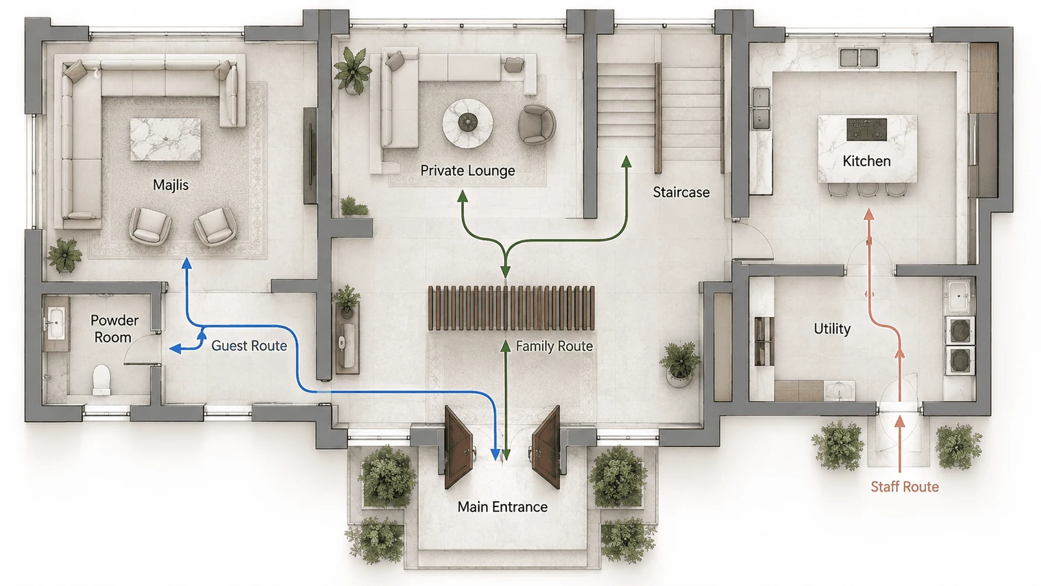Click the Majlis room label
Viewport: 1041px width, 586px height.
click(x=170, y=185)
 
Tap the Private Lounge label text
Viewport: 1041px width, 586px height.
click(x=468, y=171)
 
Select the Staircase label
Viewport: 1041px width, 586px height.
click(x=681, y=192)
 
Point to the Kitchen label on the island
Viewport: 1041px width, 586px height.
click(x=867, y=161)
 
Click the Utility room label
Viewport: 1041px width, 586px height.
click(x=832, y=329)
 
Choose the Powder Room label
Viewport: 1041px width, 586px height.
click(x=114, y=329)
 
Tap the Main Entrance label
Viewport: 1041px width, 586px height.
click(x=502, y=507)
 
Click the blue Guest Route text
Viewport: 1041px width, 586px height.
click(x=249, y=346)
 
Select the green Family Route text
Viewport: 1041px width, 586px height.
click(x=554, y=346)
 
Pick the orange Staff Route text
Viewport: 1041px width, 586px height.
click(x=904, y=487)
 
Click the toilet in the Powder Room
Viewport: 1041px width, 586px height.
click(x=101, y=379)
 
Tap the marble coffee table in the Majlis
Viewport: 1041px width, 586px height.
click(x=165, y=139)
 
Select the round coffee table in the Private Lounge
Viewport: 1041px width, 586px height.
click(x=468, y=123)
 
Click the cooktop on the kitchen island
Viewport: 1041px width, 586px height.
click(x=867, y=129)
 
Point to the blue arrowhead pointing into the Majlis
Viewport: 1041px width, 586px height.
click(x=187, y=264)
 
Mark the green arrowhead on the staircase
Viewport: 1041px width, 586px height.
click(x=627, y=161)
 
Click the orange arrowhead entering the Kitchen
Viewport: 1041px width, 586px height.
click(x=869, y=214)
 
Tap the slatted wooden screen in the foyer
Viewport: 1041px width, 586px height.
click(x=511, y=308)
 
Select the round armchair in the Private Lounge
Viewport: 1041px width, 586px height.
click(x=537, y=124)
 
